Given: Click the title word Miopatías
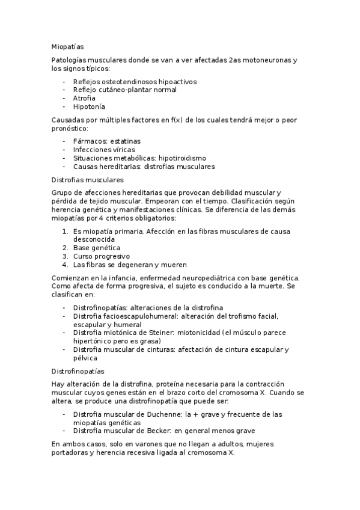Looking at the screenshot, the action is pos(68,46).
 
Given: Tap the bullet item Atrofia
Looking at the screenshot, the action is pos(85,98).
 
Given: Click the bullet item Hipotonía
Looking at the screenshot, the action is pos(89,106).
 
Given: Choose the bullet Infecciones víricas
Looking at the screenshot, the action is pos(104,149).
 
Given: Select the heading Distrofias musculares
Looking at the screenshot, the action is pos(88,179).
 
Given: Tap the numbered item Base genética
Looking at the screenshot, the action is pos(97,247).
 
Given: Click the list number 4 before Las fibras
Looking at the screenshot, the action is pos(65,264).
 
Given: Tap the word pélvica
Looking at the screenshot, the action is pos(86,358).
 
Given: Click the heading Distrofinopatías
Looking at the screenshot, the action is pos(79,371).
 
